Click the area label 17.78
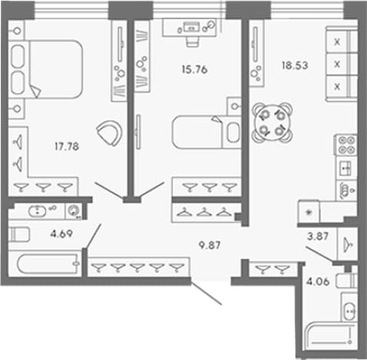pos(67,146)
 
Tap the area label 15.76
pos(195,69)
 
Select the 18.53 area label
pos(295,65)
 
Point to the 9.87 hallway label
pos(209,245)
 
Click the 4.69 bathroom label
pos(62,234)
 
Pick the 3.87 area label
pos(318,236)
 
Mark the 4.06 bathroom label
pos(318,282)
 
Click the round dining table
pos(272,122)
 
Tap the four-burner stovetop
pos(346,145)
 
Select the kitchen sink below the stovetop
pos(345,168)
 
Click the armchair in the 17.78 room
pos(110,133)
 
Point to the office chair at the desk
pos(192,41)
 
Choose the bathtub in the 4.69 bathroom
pos(48,263)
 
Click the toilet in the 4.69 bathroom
pos(19,234)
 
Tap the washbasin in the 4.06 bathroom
pos(349,311)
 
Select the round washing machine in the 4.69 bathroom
pos(74,211)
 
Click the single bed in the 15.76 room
pos(207,132)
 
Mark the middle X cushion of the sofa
pos(337,64)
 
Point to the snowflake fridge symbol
pos(309,212)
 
